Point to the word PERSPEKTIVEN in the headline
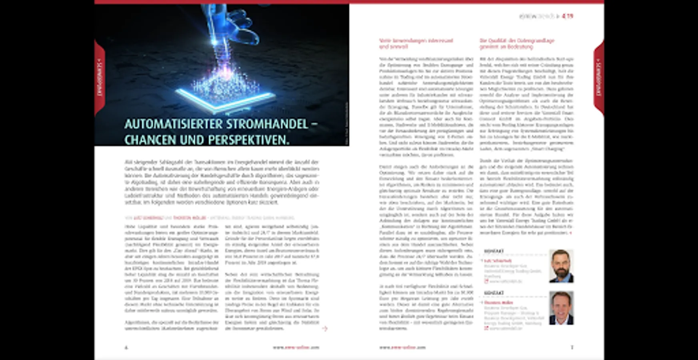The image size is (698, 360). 248,140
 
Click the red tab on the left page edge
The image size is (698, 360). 100,78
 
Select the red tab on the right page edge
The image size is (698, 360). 598,78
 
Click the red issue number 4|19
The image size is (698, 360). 567,16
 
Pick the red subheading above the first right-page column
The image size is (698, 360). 416,44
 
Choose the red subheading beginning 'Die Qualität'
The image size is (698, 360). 517,44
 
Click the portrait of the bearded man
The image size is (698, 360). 561,266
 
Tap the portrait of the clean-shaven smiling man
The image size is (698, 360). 561,308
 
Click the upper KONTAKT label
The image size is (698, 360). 494,251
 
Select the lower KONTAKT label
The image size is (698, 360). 494,293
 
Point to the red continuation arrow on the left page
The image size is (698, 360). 325,328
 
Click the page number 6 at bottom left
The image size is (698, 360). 126,348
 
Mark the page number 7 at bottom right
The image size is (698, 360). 572,347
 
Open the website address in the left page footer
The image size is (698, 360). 296,348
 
